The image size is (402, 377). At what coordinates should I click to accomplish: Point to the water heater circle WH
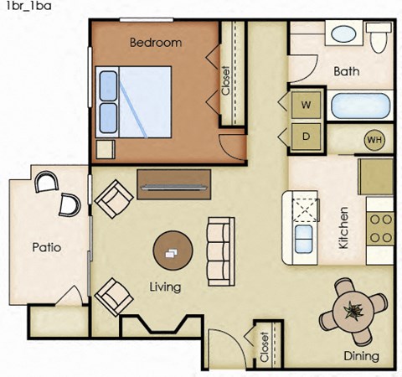click(x=373, y=139)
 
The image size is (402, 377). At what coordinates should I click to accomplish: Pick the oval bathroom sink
click(x=343, y=35)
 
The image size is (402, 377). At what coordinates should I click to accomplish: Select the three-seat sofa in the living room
click(x=219, y=250)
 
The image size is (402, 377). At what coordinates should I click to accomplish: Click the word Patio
click(x=47, y=248)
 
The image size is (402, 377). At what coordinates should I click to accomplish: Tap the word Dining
click(x=361, y=357)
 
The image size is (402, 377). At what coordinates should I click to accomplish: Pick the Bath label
click(x=346, y=72)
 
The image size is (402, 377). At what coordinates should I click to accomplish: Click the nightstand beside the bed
click(x=106, y=148)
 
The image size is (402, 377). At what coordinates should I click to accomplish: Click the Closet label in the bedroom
click(x=225, y=80)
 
